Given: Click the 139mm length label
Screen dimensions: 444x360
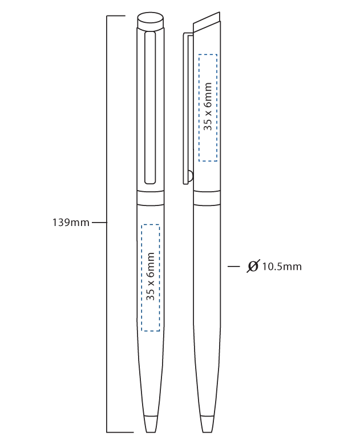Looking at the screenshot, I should coord(71,223).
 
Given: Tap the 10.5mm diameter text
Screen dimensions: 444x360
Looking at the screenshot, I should coord(281,267).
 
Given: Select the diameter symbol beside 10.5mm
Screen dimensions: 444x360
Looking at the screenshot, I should coord(253,266).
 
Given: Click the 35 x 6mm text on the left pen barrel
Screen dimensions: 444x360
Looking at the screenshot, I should coord(151,276).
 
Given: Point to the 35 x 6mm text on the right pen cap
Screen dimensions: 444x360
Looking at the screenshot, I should coord(208,106).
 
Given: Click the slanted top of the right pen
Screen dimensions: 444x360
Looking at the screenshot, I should coord(206,23).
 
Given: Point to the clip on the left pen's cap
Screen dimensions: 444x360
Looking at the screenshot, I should coord(150,108).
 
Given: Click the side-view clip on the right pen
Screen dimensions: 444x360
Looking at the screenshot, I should coord(185,108).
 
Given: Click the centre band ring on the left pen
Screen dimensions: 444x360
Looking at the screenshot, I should coord(150,198).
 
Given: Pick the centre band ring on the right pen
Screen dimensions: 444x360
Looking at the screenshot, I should coord(207,198).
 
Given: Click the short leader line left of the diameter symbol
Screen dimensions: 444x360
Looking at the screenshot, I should coord(233,267).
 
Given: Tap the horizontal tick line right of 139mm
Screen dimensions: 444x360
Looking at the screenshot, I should coord(99,223).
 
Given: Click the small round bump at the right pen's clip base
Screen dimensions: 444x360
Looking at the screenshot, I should coord(191,175).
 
